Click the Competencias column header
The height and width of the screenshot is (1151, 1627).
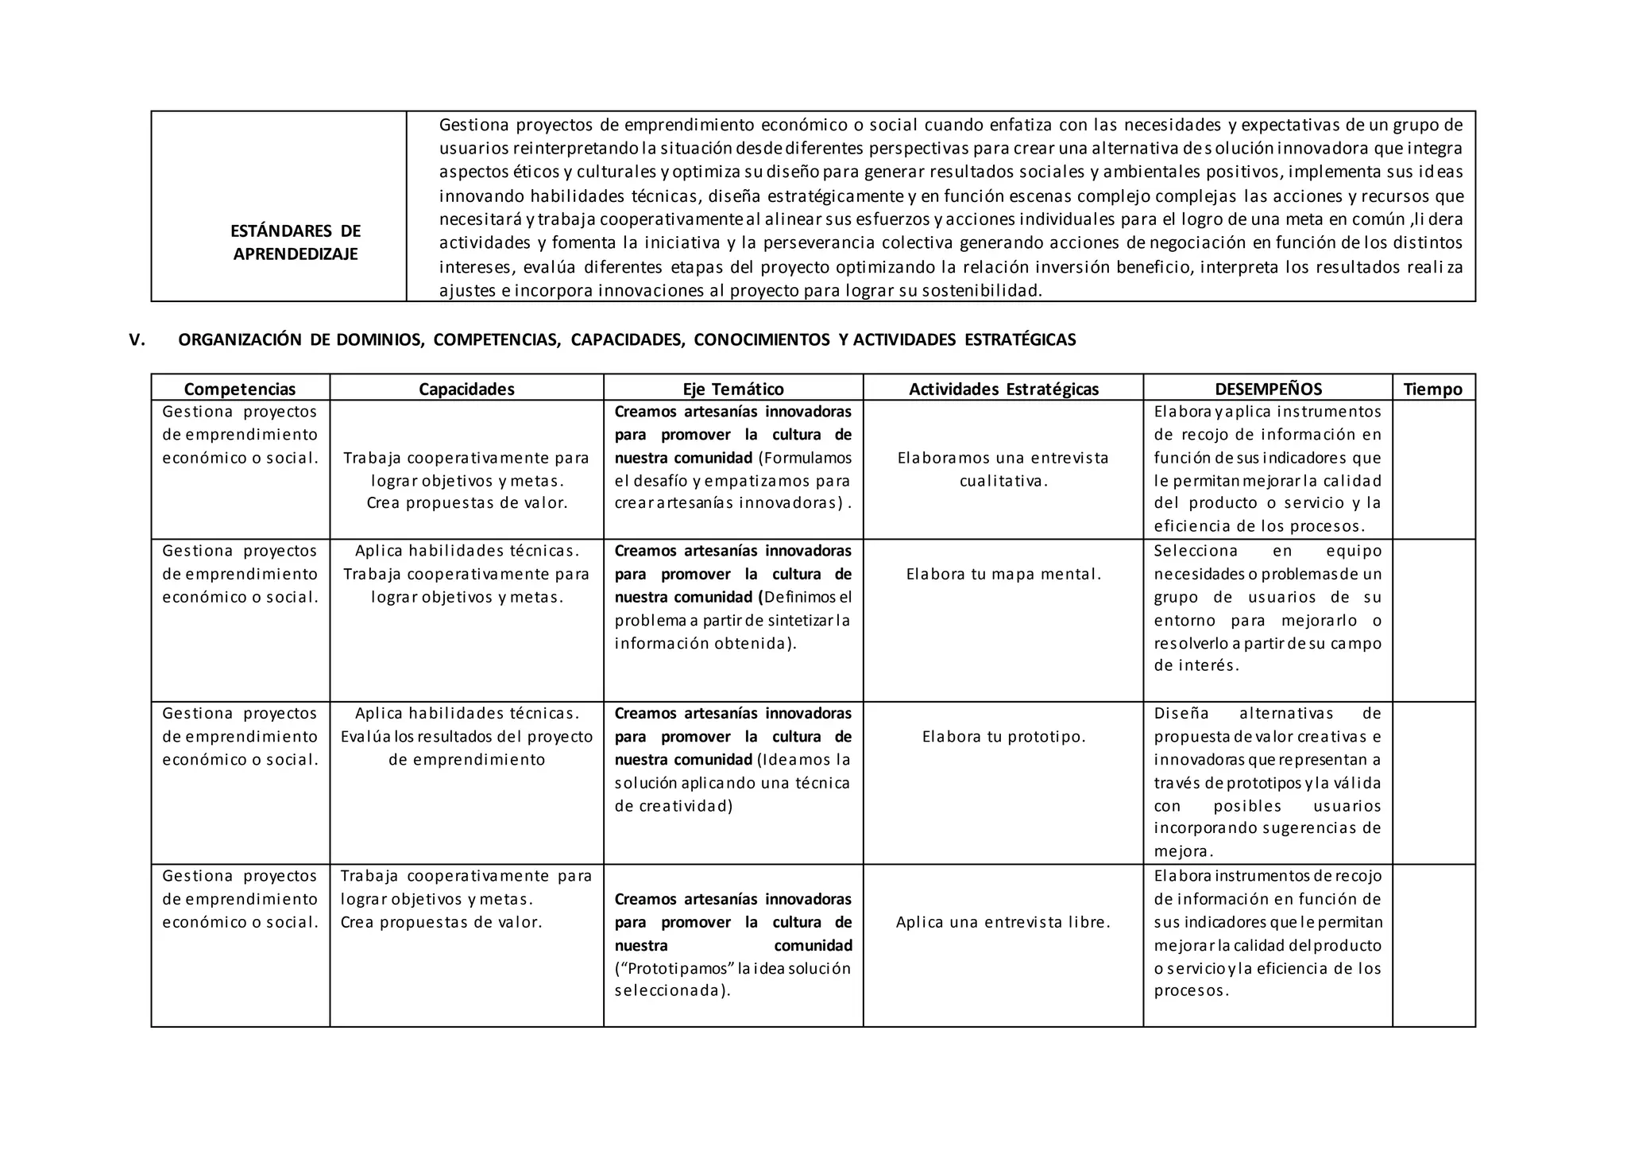pyautogui.click(x=240, y=389)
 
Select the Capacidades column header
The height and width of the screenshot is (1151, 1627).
pyautogui.click(x=466, y=389)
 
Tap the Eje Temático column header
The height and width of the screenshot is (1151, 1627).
pyautogui.click(x=732, y=389)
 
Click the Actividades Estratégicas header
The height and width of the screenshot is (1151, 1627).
pyautogui.click(x=1003, y=389)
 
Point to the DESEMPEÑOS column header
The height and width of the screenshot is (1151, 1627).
pyautogui.click(x=1268, y=389)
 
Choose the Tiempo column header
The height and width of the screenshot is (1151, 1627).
pyautogui.click(x=1432, y=389)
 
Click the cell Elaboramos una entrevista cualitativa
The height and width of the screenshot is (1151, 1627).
pyautogui.click(x=1003, y=469)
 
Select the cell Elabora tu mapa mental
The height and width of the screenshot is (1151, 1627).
pyautogui.click(x=1003, y=574)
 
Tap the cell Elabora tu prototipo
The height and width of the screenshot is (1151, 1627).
pyautogui.click(x=1003, y=736)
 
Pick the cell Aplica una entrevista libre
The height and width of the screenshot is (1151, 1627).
pyautogui.click(x=1003, y=922)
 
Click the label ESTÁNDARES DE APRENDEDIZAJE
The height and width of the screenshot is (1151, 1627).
pyautogui.click(x=296, y=242)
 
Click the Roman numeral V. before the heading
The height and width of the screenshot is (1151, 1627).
pyautogui.click(x=137, y=340)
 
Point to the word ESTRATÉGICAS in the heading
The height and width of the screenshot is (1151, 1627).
pyautogui.click(x=1020, y=340)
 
